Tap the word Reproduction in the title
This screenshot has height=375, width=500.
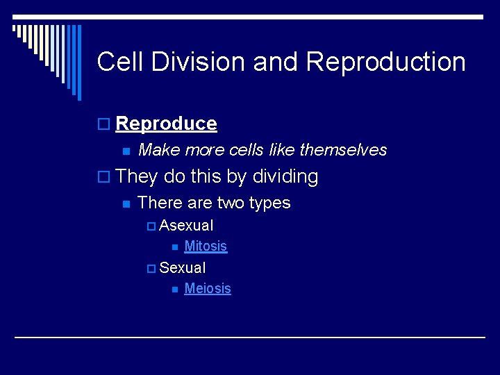click(385, 62)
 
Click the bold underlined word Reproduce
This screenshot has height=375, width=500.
click(166, 124)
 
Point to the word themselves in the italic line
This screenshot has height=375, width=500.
click(343, 150)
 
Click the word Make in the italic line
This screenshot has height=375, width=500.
click(156, 150)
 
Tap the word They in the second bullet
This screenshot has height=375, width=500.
click(137, 176)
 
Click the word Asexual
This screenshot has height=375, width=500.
click(186, 226)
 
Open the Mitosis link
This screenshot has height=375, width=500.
click(206, 246)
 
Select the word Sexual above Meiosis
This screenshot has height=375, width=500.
click(183, 267)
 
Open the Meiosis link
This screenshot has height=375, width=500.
click(208, 288)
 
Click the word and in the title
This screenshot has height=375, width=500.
click(275, 62)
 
